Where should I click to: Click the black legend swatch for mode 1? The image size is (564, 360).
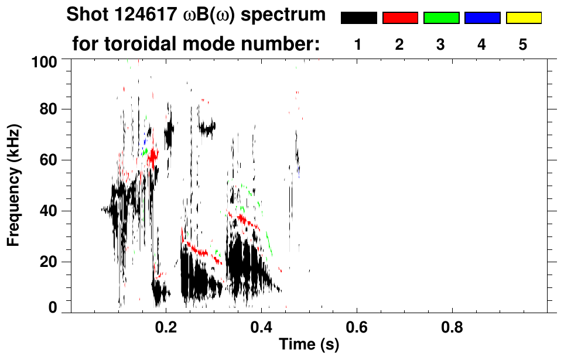point(358,18)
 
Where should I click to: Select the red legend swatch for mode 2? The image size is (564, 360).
point(400,18)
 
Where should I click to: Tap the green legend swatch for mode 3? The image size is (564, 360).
point(441,18)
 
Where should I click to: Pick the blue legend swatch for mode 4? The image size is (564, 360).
point(482,18)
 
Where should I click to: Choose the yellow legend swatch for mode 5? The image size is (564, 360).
point(523,18)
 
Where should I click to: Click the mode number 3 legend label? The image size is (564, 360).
point(441,44)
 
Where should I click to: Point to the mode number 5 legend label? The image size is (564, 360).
point(523,44)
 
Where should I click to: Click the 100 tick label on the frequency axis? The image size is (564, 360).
point(44,61)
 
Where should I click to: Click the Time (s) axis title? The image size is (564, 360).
point(309,345)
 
